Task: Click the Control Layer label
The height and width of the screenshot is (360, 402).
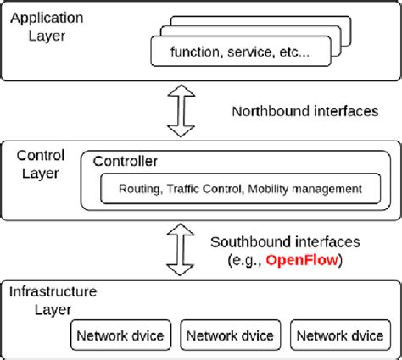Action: click(39, 164)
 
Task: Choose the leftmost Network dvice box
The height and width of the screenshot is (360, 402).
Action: click(120, 335)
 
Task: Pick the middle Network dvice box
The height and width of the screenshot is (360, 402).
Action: click(229, 335)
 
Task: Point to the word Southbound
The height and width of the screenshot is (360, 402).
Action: click(248, 242)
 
